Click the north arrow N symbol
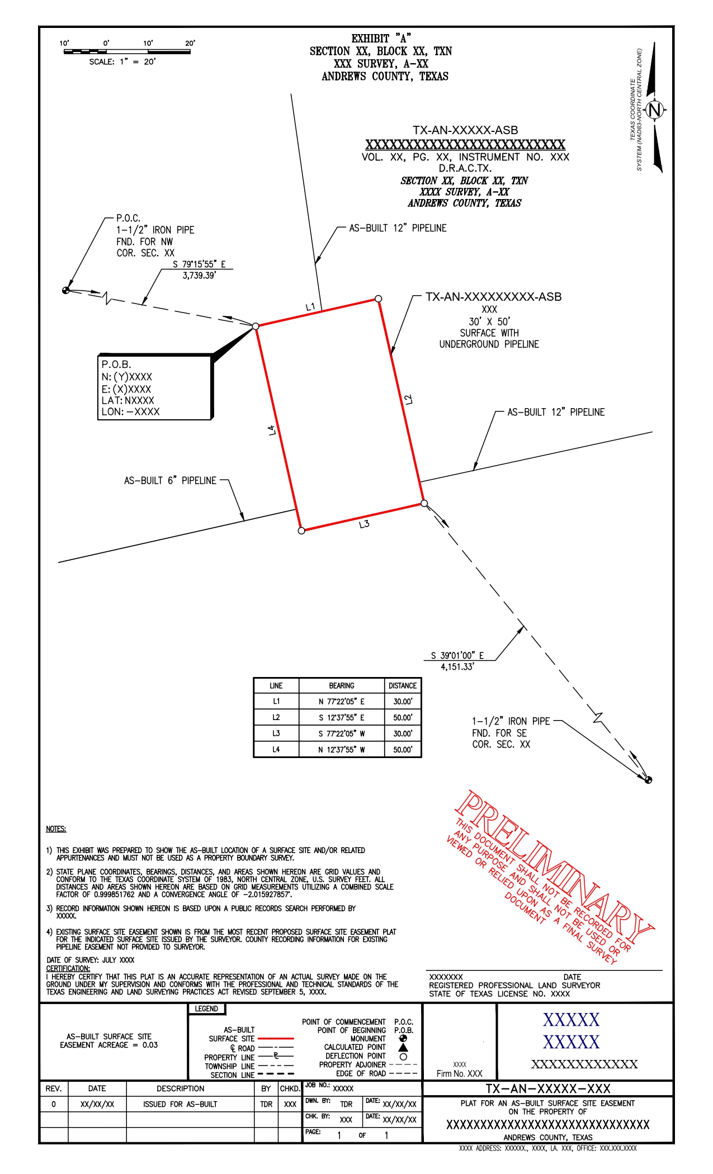655,109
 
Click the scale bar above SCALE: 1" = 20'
127,51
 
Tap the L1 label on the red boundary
310,306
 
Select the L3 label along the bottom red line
364,524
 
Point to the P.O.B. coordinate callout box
155,387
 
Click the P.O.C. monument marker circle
66,290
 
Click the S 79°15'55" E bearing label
200,264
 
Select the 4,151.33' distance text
457,666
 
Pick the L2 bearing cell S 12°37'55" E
342,717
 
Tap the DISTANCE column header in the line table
403,685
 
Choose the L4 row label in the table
276,749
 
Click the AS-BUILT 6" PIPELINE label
170,480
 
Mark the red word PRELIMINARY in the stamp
554,866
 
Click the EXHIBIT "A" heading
381,38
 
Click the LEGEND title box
206,1009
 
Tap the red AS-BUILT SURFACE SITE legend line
276,1038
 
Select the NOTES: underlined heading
56,829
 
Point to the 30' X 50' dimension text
489,321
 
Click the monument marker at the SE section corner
648,779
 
